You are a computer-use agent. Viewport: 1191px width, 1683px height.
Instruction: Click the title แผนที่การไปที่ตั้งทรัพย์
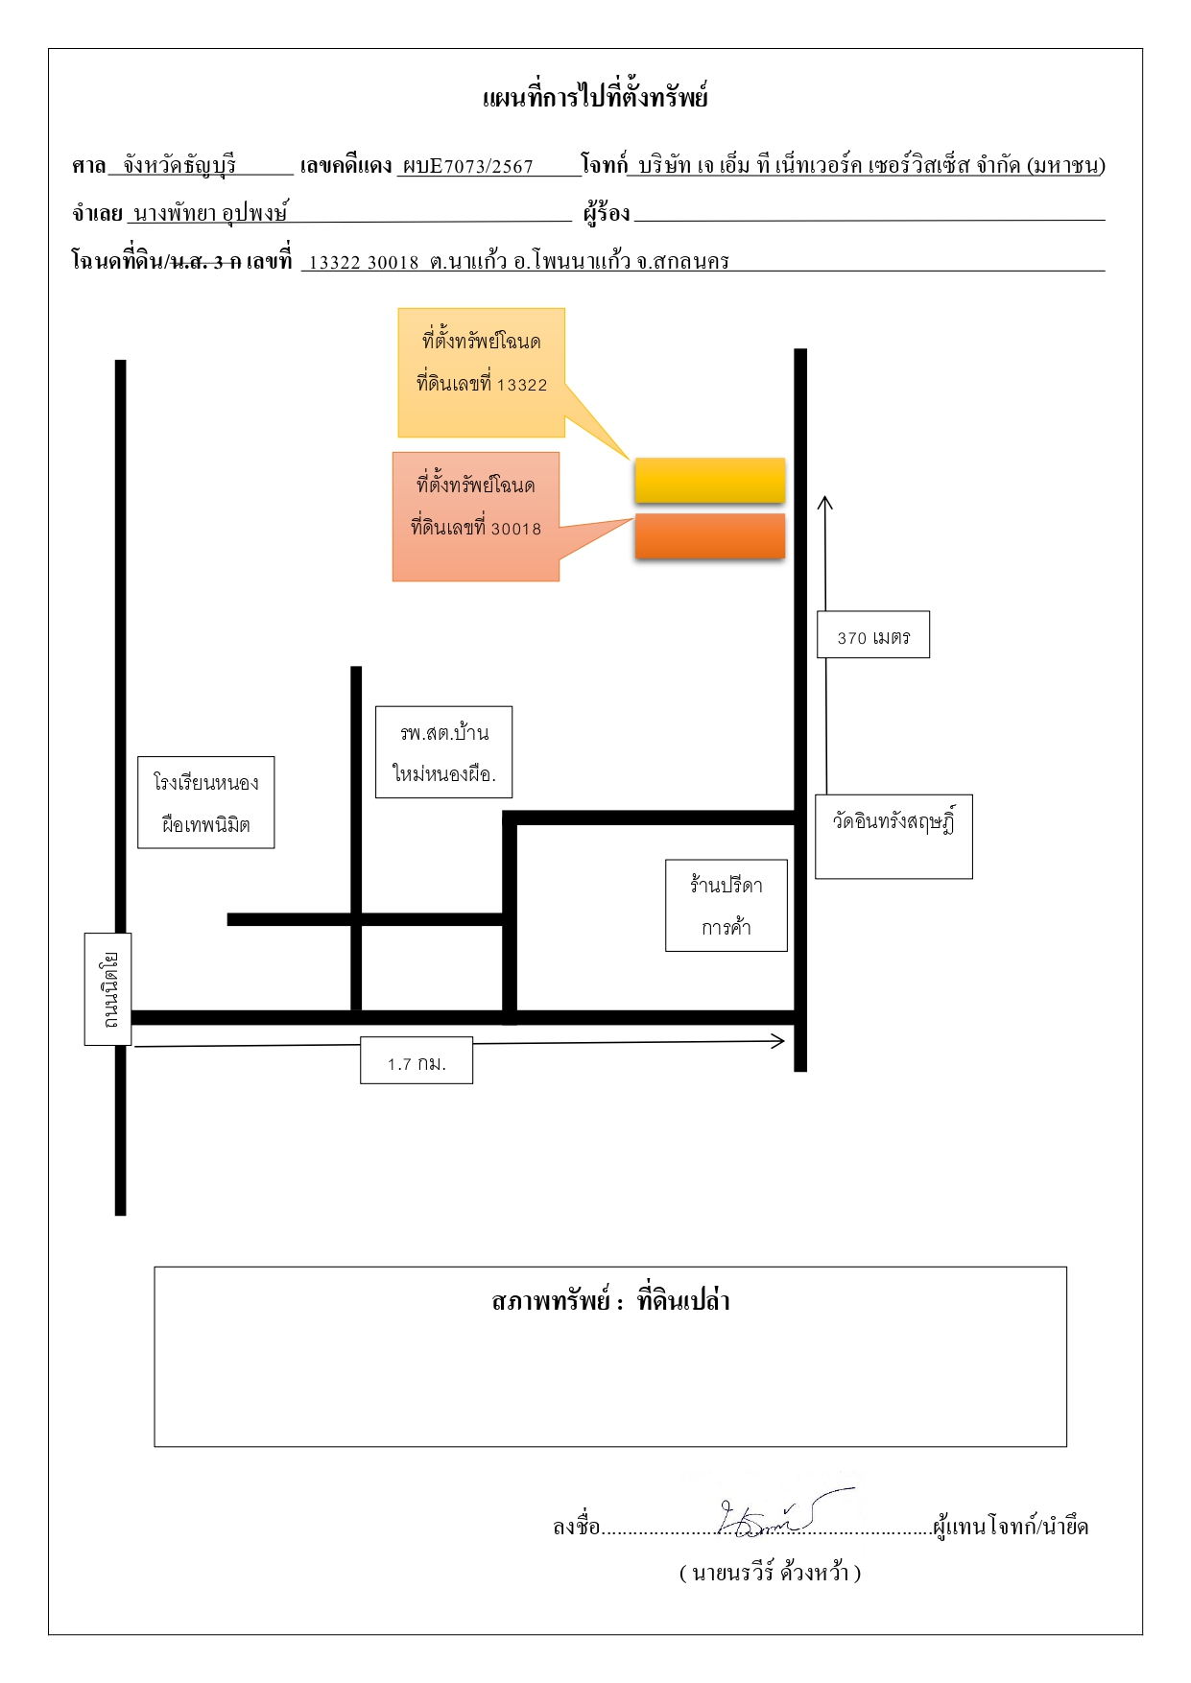595,97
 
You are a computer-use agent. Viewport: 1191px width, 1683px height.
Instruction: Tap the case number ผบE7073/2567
468,166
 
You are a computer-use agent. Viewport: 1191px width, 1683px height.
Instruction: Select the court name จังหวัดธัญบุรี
179,165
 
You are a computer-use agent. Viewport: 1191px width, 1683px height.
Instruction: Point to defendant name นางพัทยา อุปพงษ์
211,212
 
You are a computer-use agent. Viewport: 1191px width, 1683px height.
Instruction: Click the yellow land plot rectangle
710,481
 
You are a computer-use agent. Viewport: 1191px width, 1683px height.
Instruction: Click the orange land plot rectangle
710,536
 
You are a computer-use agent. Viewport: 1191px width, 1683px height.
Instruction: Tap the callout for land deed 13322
482,373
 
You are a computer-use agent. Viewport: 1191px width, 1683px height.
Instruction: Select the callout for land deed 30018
476,516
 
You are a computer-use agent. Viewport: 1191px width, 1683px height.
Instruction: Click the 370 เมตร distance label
873,634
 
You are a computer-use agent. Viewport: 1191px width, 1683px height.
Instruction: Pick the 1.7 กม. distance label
417,1060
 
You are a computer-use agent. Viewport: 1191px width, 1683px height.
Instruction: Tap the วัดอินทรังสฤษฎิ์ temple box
893,836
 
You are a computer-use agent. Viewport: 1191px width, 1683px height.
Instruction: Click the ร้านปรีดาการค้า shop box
727,905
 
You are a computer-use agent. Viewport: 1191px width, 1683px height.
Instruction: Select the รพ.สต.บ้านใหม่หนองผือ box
443,752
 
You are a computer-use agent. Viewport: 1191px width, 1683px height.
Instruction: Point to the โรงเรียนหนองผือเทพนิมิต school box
206,802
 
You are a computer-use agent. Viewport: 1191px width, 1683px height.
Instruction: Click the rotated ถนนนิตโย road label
107,988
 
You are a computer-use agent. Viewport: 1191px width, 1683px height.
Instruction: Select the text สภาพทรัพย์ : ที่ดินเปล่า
610,1301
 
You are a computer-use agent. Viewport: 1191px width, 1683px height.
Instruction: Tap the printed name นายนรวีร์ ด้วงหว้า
770,1573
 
